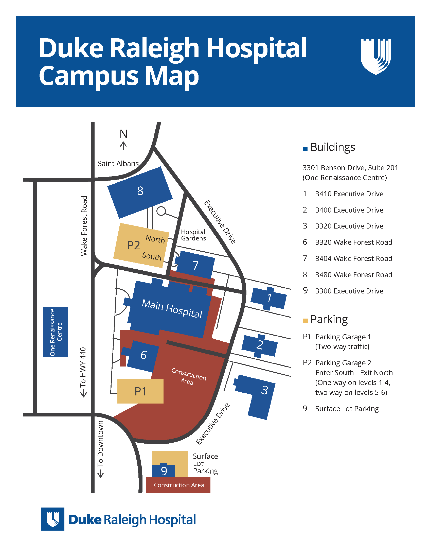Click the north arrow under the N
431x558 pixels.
pyautogui.click(x=123, y=146)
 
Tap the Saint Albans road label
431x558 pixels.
pyautogui.click(x=118, y=164)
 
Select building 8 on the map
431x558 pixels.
pyautogui.click(x=140, y=193)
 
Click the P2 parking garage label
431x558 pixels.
pyautogui.click(x=134, y=245)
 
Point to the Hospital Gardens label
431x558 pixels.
pyautogui.click(x=193, y=235)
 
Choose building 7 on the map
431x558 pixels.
pyautogui.click(x=195, y=265)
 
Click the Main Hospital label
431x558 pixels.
pyautogui.click(x=172, y=309)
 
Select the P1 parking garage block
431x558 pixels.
pyautogui.click(x=140, y=391)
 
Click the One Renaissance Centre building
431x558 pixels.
pyautogui.click(x=56, y=332)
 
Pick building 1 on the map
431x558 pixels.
pyautogui.click(x=269, y=298)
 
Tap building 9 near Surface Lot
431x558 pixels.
pyautogui.click(x=164, y=470)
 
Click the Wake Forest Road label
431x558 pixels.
pyautogui.click(x=84, y=226)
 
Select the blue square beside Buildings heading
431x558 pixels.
pyautogui.click(x=305, y=149)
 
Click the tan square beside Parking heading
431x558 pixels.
pyautogui.click(x=305, y=321)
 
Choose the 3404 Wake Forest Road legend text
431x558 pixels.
pyautogui.click(x=354, y=258)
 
